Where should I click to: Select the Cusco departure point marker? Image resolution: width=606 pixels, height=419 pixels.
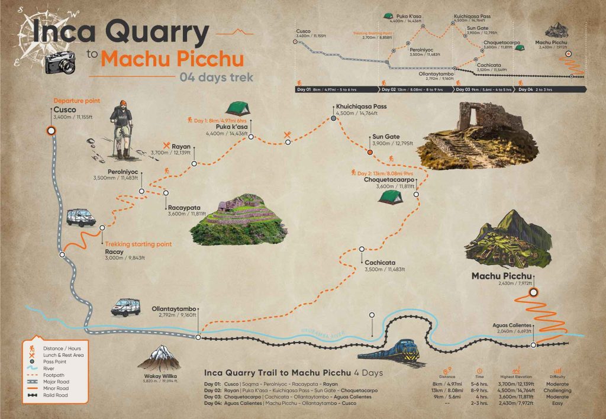point(50,131)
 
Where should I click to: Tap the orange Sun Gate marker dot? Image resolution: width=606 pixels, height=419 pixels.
point(370,152)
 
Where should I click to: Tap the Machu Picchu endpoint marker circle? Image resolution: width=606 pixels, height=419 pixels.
point(534,292)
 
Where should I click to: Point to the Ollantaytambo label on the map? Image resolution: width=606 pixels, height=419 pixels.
point(177,308)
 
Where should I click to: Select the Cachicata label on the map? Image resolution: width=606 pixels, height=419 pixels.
point(380,262)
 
